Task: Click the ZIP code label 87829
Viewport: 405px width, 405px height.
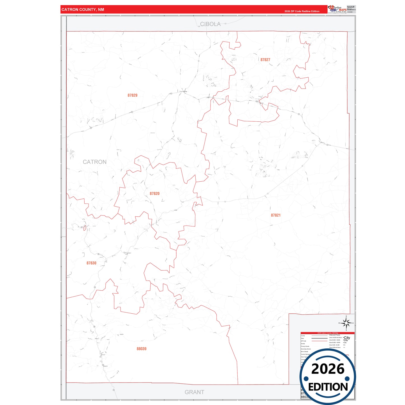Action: tap(132, 95)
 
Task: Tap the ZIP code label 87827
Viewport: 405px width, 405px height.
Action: tap(265, 60)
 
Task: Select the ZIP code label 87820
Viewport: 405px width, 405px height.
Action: tap(154, 194)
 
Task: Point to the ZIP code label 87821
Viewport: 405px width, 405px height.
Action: tap(276, 215)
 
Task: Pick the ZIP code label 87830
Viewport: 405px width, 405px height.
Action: tap(91, 263)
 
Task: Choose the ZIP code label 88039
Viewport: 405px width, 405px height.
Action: tap(142, 349)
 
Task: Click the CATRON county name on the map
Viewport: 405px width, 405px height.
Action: tap(95, 162)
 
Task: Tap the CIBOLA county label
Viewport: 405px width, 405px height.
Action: tap(210, 24)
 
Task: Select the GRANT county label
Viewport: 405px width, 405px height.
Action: tap(194, 392)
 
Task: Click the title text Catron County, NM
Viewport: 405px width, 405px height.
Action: tap(83, 10)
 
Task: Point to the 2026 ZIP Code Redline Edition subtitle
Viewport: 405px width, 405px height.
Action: tap(302, 11)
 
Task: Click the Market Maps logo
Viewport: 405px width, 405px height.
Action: tap(337, 9)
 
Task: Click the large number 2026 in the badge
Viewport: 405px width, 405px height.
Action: tap(328, 369)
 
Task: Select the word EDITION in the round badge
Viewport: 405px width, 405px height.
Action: tap(328, 387)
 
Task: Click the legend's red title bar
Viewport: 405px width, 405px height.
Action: tap(327, 333)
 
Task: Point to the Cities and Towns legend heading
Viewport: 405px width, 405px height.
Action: tap(334, 335)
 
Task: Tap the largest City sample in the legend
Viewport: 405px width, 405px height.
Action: tap(347, 338)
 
